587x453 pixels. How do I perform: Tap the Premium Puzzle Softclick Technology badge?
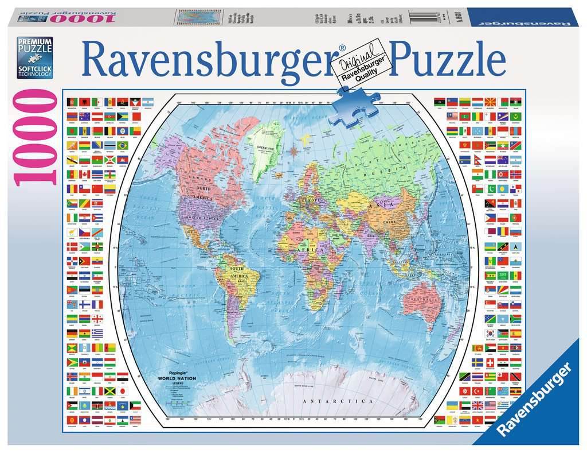[x=34, y=58]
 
